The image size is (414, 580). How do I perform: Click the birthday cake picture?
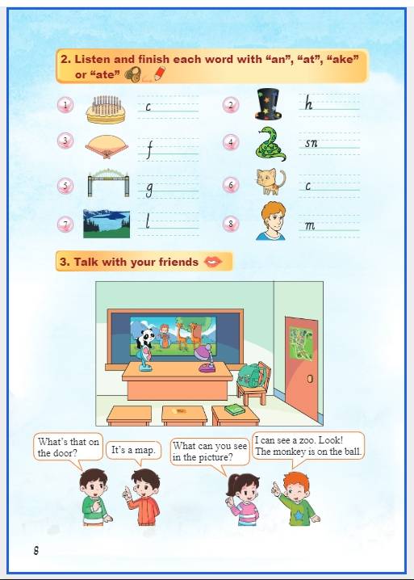[106, 110]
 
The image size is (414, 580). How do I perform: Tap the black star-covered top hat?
[269, 104]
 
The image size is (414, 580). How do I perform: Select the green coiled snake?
[270, 144]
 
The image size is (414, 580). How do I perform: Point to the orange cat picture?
[271, 182]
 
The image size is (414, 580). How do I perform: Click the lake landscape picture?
[107, 224]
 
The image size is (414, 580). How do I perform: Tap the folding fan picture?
[107, 146]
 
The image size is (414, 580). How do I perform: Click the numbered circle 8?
[231, 224]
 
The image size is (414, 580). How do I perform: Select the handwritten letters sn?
[311, 143]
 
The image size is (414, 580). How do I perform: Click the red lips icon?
[213, 262]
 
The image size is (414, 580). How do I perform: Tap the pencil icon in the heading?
[160, 74]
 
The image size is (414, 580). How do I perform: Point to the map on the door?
[301, 343]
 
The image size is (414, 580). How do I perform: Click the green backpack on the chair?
[251, 375]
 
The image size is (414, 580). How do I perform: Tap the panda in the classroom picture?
[145, 338]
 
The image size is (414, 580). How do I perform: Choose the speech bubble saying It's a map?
[133, 451]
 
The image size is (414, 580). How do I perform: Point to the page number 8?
[36, 550]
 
